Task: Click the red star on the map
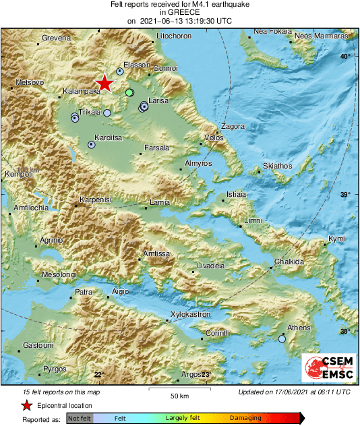[x=104, y=83]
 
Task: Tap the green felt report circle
[x=129, y=92]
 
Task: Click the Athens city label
[x=299, y=328]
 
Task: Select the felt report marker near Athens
[x=282, y=339]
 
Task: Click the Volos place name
[x=214, y=138]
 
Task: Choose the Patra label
[x=83, y=293]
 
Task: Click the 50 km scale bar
[x=179, y=389]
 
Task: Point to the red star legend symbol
[x=26, y=405]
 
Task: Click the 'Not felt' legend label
[x=80, y=419]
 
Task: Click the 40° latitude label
[x=345, y=56]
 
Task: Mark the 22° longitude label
[x=99, y=375]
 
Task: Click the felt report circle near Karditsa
[x=92, y=144]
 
